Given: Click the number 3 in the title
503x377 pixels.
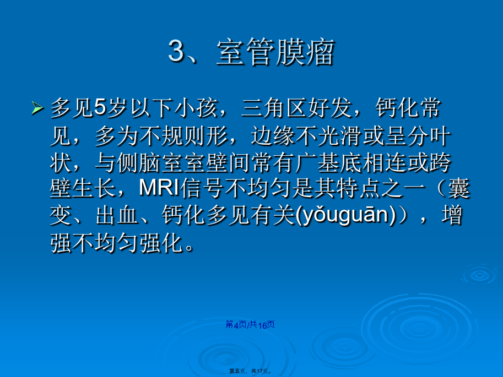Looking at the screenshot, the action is click(177, 51).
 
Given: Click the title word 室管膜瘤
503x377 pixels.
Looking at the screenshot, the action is click(276, 52).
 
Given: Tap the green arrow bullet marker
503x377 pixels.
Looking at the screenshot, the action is click(37, 108).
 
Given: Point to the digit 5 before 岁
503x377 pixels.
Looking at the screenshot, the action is click(100, 107).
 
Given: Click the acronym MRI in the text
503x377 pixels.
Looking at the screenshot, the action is click(159, 188).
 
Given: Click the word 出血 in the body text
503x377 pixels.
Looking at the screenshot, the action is click(117, 215).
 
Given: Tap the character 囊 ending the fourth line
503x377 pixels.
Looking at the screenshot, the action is click(459, 188).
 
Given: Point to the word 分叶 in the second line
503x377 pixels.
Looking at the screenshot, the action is click(429, 135).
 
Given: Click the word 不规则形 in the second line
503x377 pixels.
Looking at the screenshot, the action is click(183, 135).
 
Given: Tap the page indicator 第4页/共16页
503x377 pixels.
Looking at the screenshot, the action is click(250, 325).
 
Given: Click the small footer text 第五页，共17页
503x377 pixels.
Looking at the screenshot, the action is click(251, 371).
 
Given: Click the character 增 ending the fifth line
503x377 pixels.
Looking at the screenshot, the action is click(452, 215).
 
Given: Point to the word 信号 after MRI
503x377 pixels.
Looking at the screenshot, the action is click(202, 188).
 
